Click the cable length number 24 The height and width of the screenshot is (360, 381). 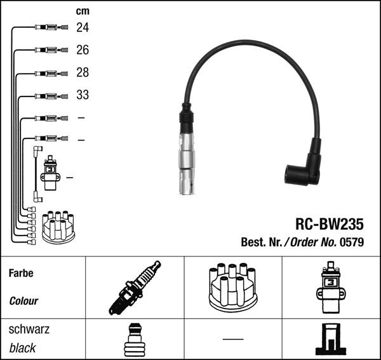click(83, 27)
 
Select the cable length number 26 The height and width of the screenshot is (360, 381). click(83, 50)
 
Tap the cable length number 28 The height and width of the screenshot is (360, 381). click(83, 72)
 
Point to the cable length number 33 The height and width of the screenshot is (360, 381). click(83, 95)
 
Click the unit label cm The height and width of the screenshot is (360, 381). click(83, 10)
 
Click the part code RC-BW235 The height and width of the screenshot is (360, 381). click(329, 223)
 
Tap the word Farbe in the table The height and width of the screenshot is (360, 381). click(21, 274)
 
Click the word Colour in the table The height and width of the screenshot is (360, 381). click(23, 301)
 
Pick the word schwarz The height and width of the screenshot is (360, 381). click(29, 330)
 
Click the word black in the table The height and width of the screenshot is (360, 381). click(22, 348)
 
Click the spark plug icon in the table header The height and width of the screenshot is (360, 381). click(135, 288)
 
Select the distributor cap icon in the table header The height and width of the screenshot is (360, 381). click(233, 288)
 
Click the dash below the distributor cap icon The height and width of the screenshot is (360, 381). click(233, 338)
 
